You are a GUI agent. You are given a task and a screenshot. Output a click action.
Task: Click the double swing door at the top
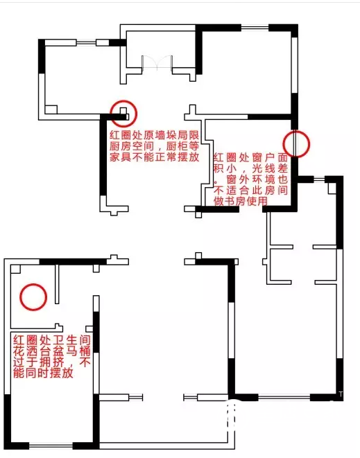tap(157, 63)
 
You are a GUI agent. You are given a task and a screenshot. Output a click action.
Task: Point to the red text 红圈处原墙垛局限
tap(155, 135)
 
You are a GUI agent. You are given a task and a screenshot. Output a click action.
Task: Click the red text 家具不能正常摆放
tap(155, 157)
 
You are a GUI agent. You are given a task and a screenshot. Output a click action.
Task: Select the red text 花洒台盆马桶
tap(52, 351)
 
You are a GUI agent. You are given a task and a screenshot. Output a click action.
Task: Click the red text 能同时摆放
tap(43, 373)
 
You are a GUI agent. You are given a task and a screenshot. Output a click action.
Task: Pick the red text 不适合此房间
tap(250, 190)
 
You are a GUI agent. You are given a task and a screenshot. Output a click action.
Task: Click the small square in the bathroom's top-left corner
tap(15, 269)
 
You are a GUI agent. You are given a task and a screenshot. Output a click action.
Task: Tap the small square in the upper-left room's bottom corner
tap(51, 109)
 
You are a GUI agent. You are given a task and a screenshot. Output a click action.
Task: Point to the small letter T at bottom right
tap(341, 394)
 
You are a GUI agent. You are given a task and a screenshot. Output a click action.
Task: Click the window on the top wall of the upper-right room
tap(255, 28)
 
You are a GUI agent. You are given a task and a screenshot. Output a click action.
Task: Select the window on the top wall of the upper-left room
tap(86, 43)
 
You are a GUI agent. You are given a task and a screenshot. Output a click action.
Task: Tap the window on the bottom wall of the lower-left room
tap(51, 446)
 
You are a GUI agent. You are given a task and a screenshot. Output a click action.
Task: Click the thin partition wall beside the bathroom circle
tap(57, 284)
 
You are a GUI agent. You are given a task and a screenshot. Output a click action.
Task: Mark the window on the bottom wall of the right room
tap(284, 397)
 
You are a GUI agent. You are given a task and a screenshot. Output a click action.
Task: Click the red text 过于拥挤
tap(38, 362)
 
